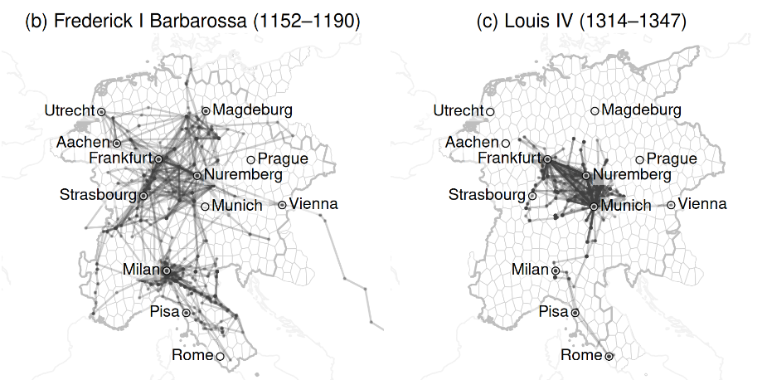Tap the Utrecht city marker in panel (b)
(100, 111)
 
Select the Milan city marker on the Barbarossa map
(167, 270)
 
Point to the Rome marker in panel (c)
(609, 355)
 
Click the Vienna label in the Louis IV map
(703, 204)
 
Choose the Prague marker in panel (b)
(250, 158)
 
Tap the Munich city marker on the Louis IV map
(594, 205)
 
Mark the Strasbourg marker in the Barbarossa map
(143, 195)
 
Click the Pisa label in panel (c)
(552, 312)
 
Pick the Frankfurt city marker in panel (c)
(547, 158)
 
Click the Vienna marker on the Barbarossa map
(282, 204)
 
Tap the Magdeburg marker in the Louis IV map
(595, 110)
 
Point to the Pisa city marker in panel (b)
(186, 312)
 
